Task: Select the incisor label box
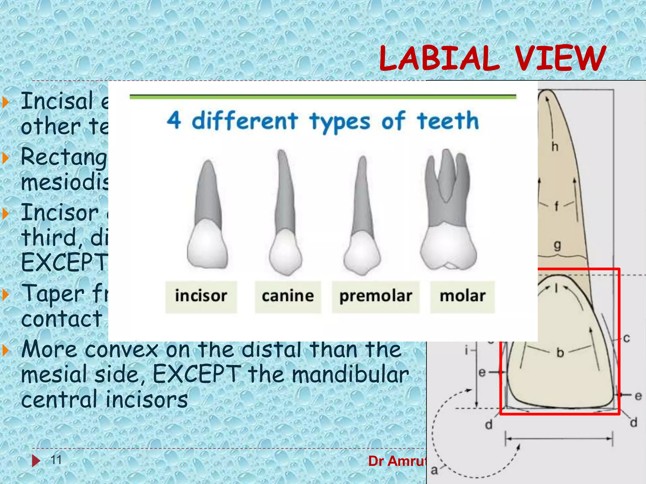(201, 297)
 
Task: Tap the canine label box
(288, 297)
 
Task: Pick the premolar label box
(375, 297)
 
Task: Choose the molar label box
(462, 297)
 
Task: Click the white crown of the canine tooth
(285, 252)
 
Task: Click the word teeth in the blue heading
(448, 121)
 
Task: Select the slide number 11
(56, 460)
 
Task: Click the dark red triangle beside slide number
(36, 461)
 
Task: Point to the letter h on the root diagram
(555, 147)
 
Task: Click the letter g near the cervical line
(557, 245)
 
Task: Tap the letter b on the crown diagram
(560, 353)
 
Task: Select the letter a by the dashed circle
(434, 470)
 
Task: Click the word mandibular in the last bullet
(350, 375)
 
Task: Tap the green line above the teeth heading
(323, 97)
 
